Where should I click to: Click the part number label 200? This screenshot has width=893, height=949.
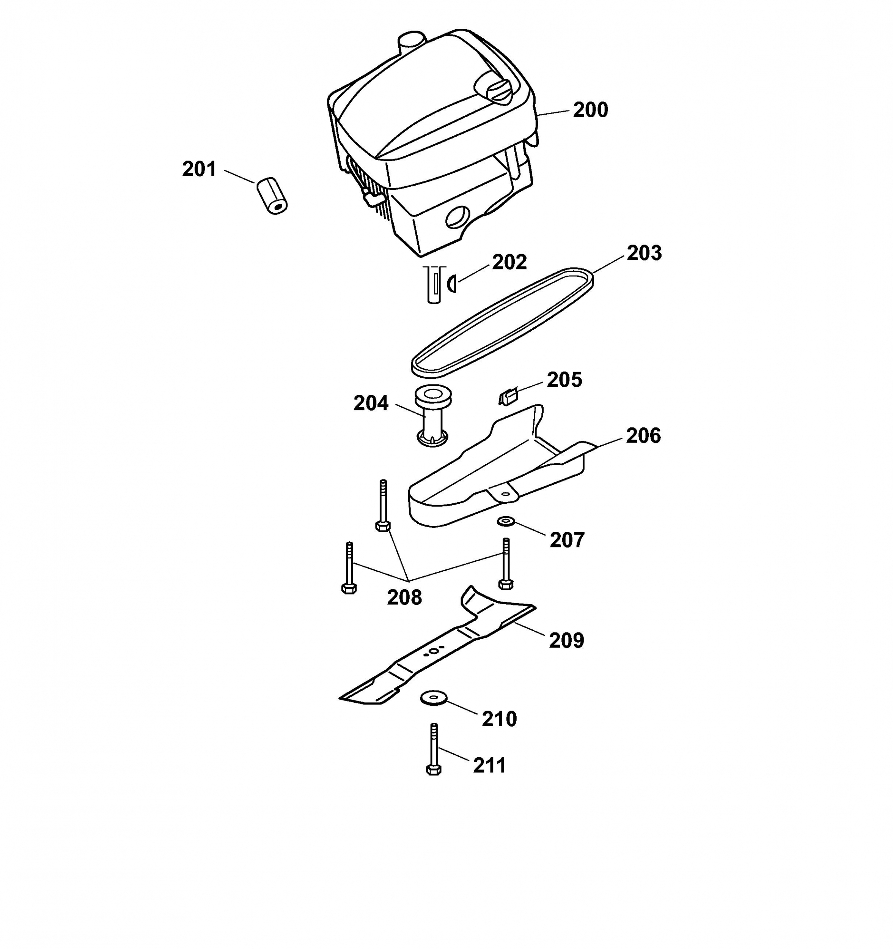(591, 110)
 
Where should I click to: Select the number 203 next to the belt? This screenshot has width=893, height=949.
(644, 253)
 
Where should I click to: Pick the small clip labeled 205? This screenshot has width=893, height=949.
(508, 396)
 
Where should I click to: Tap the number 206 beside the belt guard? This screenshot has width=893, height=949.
(643, 436)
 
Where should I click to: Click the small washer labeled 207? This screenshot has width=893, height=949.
(505, 521)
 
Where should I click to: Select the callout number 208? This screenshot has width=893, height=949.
(404, 597)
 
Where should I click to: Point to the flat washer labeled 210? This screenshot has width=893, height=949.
(433, 698)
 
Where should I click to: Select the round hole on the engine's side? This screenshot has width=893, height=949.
(458, 218)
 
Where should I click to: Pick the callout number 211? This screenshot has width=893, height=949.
(490, 766)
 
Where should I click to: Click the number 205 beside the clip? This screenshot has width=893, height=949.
(564, 380)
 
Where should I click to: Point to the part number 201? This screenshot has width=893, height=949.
(200, 169)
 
